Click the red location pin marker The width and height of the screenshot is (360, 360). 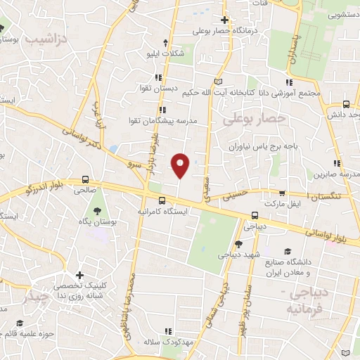tap(181, 165)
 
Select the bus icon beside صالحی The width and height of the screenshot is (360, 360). tap(86, 179)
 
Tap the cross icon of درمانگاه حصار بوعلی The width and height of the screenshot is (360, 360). tap(224, 20)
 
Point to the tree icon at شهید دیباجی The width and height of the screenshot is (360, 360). tap(239, 243)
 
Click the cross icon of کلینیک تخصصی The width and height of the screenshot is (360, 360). tap(79, 275)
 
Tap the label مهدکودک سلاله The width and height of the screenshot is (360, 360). tap(169, 340)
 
